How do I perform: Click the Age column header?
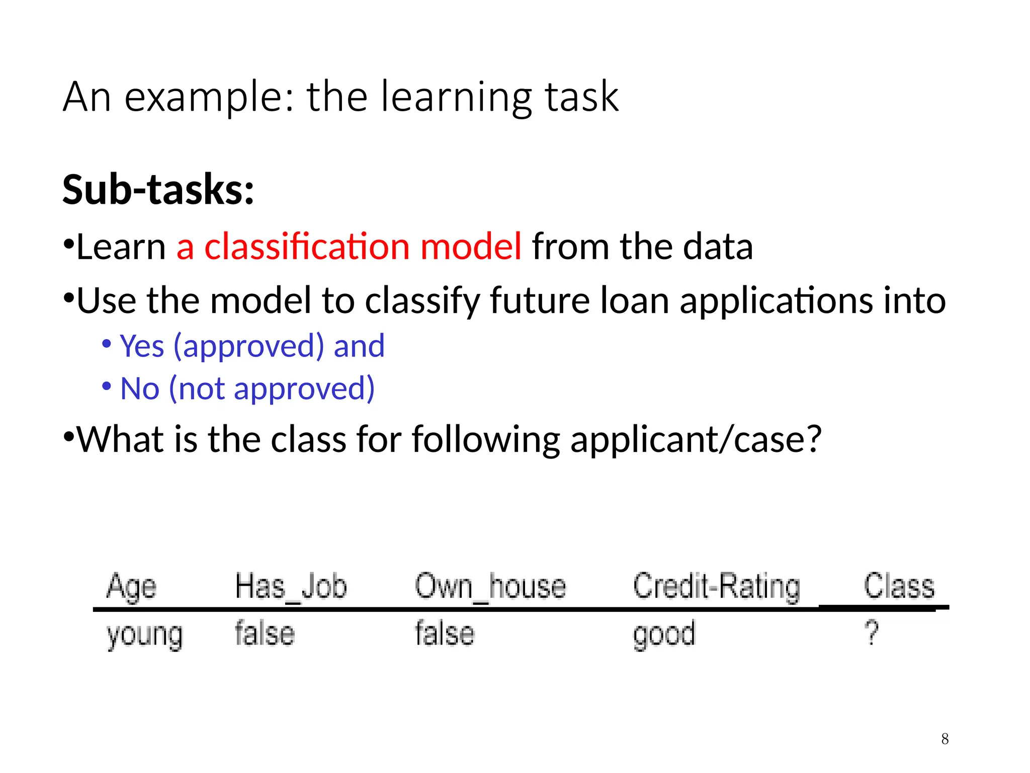click(x=131, y=587)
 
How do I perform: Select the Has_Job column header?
click(x=291, y=587)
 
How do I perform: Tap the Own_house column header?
click(x=490, y=587)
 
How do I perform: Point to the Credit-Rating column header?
click(x=716, y=587)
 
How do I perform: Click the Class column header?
click(x=899, y=587)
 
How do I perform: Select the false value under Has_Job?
click(x=265, y=634)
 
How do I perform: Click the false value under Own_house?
click(x=445, y=634)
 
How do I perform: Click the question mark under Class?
click(x=872, y=633)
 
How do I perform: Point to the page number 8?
click(x=945, y=739)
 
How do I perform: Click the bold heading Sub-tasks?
click(x=158, y=190)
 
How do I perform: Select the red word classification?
click(x=307, y=247)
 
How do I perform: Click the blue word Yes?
click(x=142, y=346)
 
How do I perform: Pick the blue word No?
click(x=140, y=389)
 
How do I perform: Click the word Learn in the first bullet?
click(x=121, y=247)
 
